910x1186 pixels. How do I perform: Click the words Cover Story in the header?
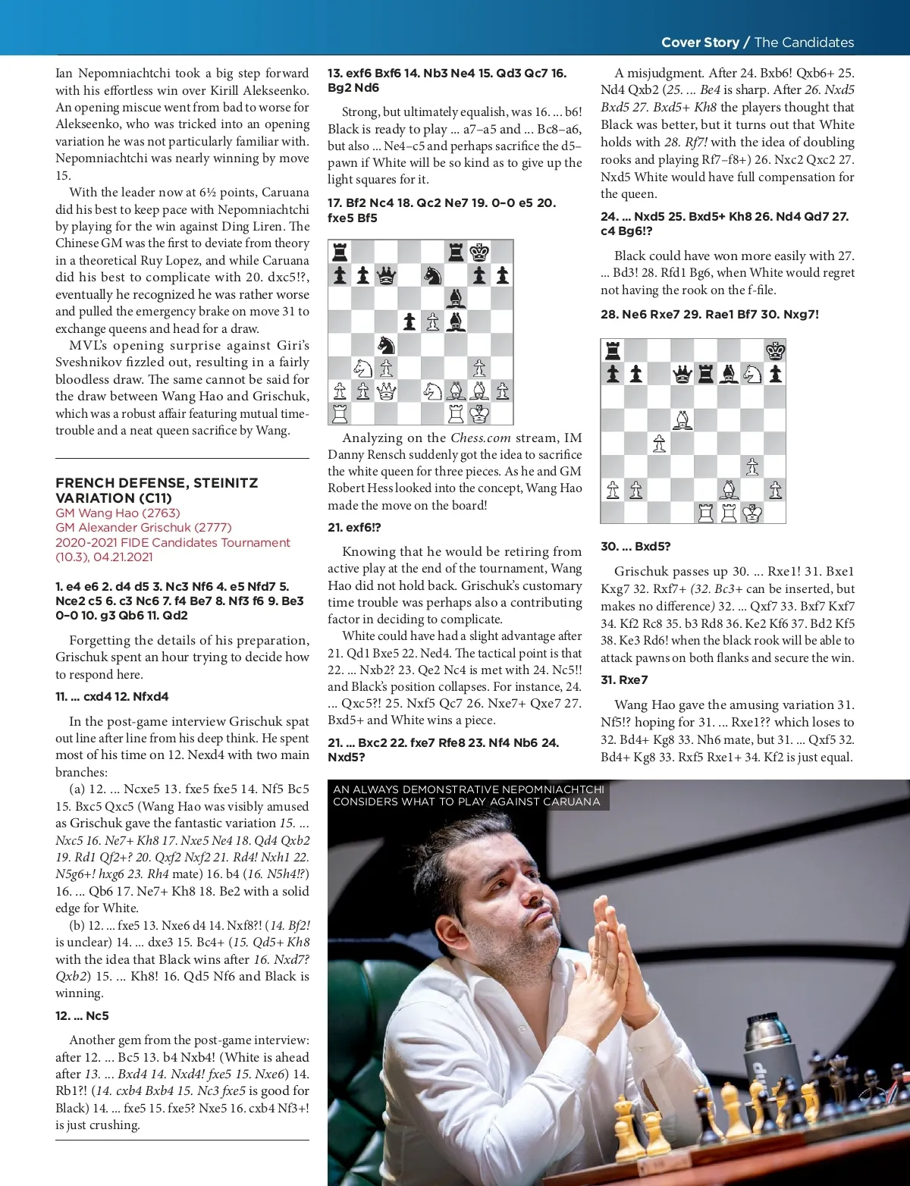click(x=699, y=42)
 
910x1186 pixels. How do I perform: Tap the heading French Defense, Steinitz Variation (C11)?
click(x=156, y=490)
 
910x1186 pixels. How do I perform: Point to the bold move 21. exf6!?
click(x=354, y=527)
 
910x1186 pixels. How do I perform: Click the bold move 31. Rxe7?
click(x=624, y=679)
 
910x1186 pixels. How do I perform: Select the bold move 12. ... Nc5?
click(x=82, y=1015)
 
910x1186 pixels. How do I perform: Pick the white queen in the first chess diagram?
click(x=386, y=391)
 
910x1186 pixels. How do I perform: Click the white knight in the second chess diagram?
click(x=752, y=373)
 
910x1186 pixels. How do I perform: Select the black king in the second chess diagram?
click(x=774, y=350)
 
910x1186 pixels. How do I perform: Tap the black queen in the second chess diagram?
click(x=682, y=373)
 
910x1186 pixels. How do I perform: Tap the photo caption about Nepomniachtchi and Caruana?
click(x=468, y=795)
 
